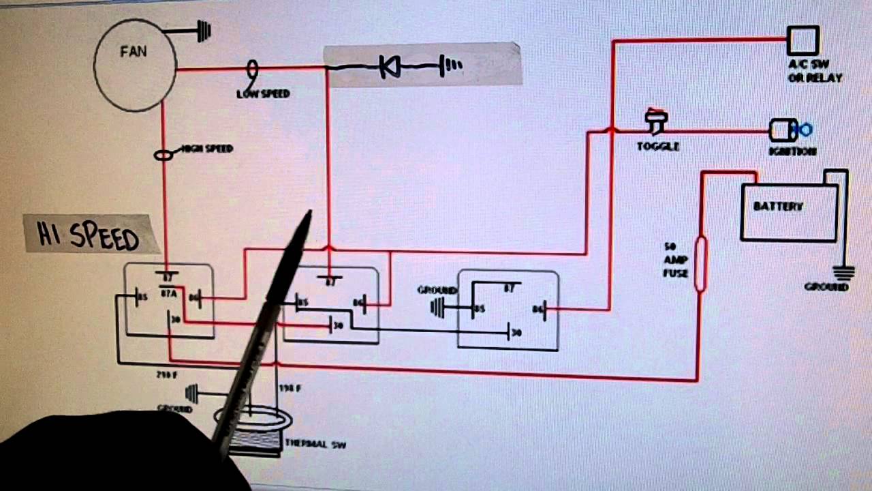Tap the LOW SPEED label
coord(263,93)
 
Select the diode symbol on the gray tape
coord(390,67)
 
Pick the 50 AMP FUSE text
coord(676,260)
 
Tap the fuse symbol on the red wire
coord(700,264)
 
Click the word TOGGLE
coord(657,146)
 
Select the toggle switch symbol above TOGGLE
coord(657,121)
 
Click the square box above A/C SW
coord(803,41)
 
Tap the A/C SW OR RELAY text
coord(815,72)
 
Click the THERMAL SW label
coord(315,445)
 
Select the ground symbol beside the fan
coord(203,31)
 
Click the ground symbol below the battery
coord(844,273)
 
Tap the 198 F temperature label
coord(290,388)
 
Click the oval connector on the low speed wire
coord(252,68)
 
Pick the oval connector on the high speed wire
coord(163,155)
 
